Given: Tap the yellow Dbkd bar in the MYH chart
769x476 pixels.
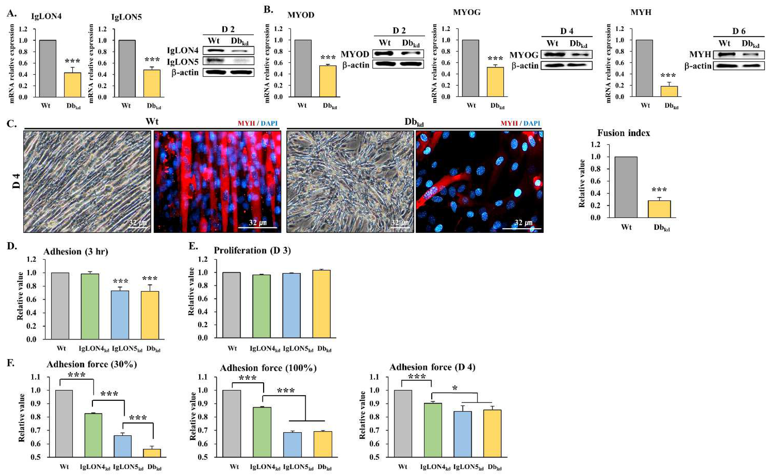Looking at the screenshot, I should tap(669, 91).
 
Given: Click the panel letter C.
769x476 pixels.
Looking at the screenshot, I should tap(12, 123).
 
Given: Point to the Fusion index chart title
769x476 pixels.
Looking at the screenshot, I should tap(623, 133).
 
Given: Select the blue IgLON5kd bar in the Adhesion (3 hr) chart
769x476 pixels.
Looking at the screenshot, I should tap(120, 315).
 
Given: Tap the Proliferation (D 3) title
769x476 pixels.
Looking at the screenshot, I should tap(252, 250).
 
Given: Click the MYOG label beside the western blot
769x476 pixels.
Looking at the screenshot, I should tap(524, 55).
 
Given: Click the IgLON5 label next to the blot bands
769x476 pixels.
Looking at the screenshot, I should tap(183, 61).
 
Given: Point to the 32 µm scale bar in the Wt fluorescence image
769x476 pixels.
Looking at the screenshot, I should tap(257, 227).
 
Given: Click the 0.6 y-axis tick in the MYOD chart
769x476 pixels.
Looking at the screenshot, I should tap(278, 63).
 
